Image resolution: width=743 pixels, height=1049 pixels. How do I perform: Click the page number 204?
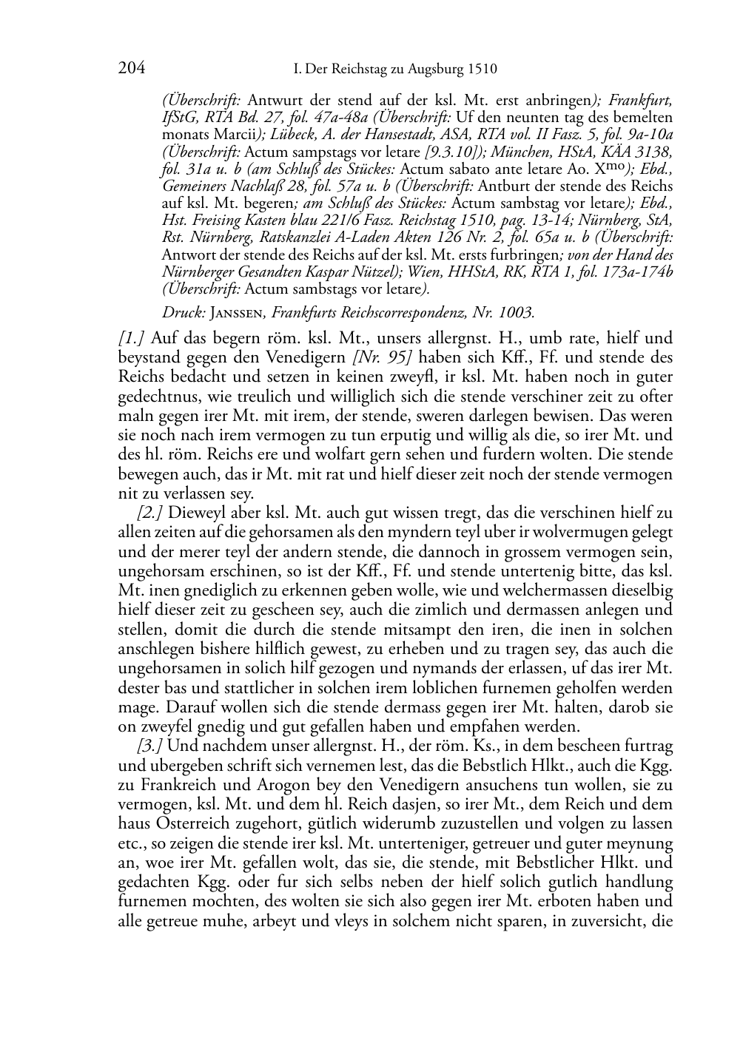pos(131,69)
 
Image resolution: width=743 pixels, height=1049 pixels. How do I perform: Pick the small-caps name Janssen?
pos(236,313)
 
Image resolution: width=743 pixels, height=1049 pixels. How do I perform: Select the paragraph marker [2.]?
pos(151,511)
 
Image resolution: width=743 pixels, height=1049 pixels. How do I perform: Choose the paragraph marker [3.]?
pos(151,746)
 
